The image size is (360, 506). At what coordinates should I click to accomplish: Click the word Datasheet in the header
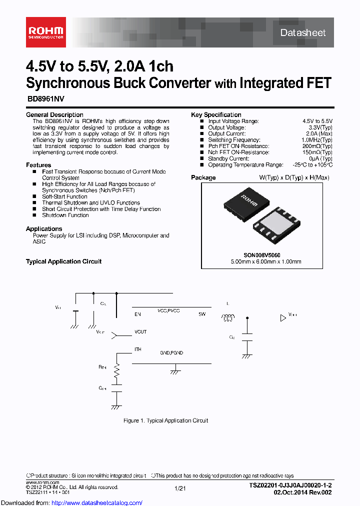click(303, 33)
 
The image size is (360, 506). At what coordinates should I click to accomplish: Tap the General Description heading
click(54, 115)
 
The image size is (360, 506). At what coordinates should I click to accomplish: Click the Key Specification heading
click(216, 115)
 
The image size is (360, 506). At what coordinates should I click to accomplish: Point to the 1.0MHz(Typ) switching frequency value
click(317, 140)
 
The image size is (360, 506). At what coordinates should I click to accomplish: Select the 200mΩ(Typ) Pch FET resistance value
click(318, 146)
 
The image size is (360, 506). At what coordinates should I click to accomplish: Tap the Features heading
click(38, 165)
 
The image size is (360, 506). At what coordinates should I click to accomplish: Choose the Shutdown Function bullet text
click(65, 215)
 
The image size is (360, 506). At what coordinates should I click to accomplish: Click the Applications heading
click(44, 229)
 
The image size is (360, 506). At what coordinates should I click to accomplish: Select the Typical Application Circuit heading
click(63, 261)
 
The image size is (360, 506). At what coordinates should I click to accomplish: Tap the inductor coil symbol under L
click(228, 317)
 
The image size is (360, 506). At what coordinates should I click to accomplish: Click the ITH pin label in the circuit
click(137, 349)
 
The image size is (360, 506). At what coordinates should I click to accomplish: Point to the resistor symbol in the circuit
click(117, 370)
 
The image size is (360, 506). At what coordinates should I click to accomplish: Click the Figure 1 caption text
click(165, 420)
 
